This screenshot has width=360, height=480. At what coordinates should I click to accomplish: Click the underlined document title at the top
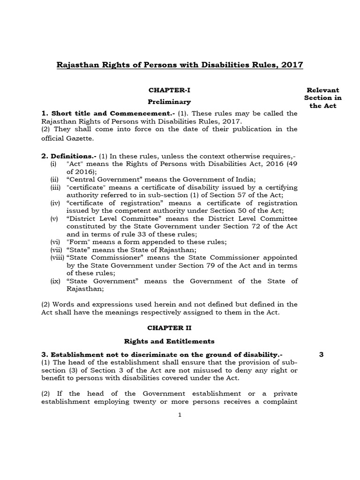click(x=180, y=65)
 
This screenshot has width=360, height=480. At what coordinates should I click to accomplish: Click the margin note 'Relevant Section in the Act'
click(x=322, y=97)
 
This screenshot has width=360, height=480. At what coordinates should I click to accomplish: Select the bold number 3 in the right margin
click(x=321, y=354)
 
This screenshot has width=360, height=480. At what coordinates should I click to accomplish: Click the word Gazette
click(x=81, y=139)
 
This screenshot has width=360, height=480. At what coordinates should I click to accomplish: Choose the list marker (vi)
click(x=56, y=242)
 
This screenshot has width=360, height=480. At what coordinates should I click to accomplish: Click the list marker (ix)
click(x=56, y=281)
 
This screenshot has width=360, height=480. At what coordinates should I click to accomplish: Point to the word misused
click(x=180, y=371)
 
